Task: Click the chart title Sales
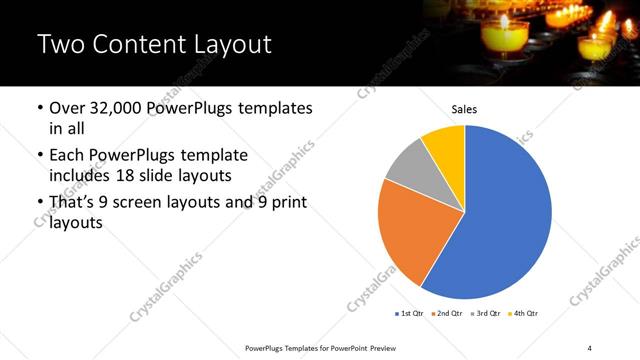pyautogui.click(x=464, y=108)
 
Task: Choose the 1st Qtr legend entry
pyautogui.click(x=407, y=314)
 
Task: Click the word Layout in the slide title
pyautogui.click(x=224, y=45)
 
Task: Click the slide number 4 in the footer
pyautogui.click(x=590, y=347)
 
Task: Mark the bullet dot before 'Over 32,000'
pyautogui.click(x=39, y=108)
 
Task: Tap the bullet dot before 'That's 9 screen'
pyautogui.click(x=39, y=203)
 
